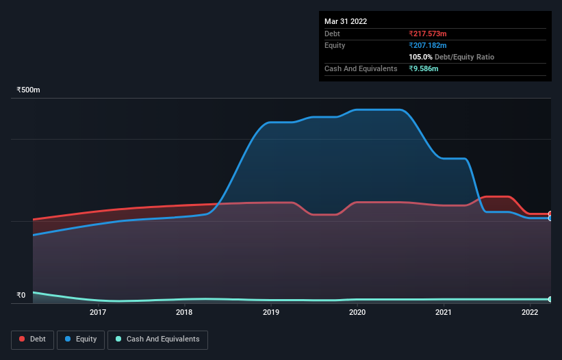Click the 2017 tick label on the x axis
(x=98, y=313)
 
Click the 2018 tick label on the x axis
(x=184, y=313)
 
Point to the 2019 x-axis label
(x=271, y=313)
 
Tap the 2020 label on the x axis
(x=357, y=313)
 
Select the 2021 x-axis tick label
(x=444, y=313)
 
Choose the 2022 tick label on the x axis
(x=530, y=313)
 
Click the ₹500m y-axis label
(x=29, y=90)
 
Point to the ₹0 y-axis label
(x=21, y=296)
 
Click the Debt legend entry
(x=32, y=339)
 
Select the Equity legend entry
(x=81, y=339)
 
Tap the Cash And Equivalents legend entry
(x=157, y=339)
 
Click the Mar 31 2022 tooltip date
(x=346, y=21)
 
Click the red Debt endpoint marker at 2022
(x=550, y=214)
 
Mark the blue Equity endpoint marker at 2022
(x=550, y=218)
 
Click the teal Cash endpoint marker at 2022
(x=550, y=300)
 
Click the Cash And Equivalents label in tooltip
(x=361, y=69)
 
